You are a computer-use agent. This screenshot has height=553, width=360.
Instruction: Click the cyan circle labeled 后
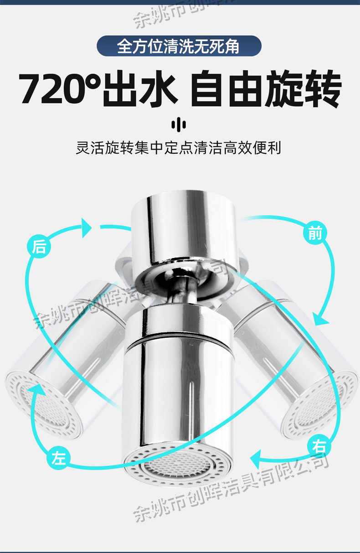(40, 247)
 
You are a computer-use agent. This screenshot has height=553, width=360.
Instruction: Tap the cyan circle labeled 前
(315, 233)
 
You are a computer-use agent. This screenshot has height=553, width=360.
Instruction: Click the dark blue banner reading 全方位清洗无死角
(179, 46)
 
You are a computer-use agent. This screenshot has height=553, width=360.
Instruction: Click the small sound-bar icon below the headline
(179, 124)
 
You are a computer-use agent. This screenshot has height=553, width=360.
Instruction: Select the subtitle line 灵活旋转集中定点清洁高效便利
(179, 148)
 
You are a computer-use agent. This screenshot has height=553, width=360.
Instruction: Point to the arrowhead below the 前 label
(322, 318)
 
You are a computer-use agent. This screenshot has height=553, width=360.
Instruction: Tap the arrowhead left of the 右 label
(258, 457)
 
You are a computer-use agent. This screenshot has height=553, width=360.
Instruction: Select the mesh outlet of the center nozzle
(178, 463)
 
